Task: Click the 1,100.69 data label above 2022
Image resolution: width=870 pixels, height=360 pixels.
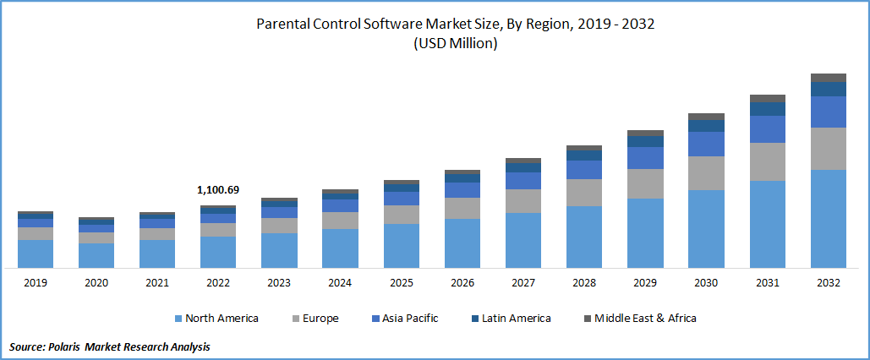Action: [x=218, y=190]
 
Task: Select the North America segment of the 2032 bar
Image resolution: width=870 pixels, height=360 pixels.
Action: [x=828, y=219]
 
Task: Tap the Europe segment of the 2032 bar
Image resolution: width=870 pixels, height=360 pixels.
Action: [x=828, y=149]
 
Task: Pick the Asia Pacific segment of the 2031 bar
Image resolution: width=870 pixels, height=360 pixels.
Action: [x=767, y=129]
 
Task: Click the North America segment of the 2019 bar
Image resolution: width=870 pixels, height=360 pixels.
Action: [x=36, y=254]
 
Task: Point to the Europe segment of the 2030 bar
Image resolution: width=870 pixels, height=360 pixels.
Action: [x=706, y=173]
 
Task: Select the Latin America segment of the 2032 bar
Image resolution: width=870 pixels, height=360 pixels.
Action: [x=828, y=89]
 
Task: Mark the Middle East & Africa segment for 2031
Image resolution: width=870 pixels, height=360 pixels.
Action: [x=767, y=98]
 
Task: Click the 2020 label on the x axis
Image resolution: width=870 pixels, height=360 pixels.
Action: [x=96, y=283]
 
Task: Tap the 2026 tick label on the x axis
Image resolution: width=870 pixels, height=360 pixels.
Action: [x=462, y=283]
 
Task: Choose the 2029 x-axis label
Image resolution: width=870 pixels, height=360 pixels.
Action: [x=645, y=283]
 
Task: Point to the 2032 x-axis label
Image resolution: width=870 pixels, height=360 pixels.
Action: [x=828, y=283]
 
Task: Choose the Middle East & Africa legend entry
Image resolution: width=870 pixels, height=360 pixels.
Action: [x=639, y=319]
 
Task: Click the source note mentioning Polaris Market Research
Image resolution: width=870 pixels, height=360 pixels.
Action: [x=110, y=346]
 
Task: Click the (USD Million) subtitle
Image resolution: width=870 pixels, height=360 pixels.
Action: [x=455, y=45]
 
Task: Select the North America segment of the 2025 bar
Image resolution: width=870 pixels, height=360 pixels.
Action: [x=402, y=246]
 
